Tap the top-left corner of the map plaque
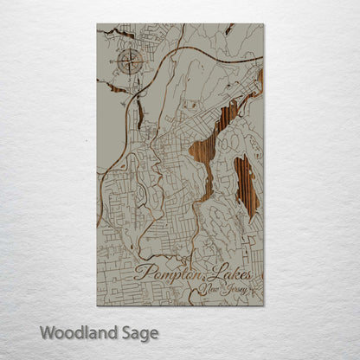(x=97, y=24)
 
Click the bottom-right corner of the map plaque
(x=263, y=305)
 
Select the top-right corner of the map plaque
(x=263, y=24)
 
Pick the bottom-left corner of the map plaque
(x=97, y=305)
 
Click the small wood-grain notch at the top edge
(x=229, y=29)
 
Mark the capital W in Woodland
(x=45, y=331)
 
